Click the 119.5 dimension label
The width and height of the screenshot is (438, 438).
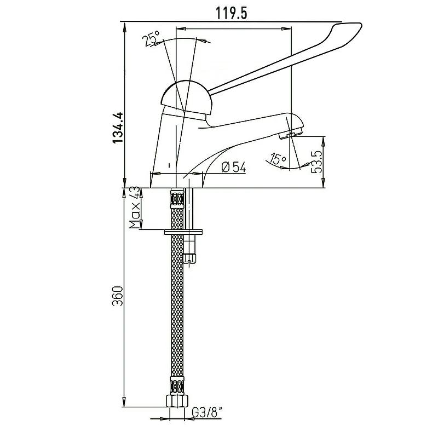tap(231, 13)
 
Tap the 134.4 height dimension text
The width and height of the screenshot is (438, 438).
tap(118, 128)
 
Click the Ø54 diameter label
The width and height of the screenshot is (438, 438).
tap(234, 168)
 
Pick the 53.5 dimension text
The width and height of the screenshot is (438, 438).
tap(317, 162)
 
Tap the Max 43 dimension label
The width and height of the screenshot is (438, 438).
tap(134, 208)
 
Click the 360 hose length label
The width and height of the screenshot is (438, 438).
tap(118, 296)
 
